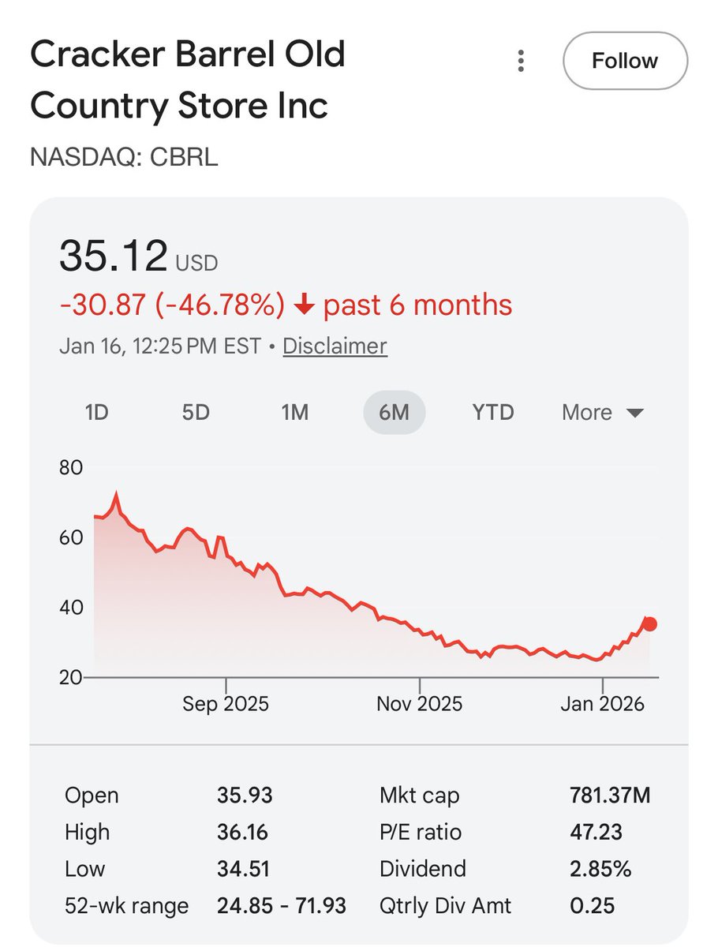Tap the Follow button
click(625, 61)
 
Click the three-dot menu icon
click(521, 62)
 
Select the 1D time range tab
click(96, 412)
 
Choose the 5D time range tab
click(196, 412)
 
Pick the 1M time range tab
click(294, 412)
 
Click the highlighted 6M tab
click(394, 412)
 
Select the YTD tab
click(493, 412)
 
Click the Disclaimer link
click(335, 346)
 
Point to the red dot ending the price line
click(649, 624)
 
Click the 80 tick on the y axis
click(71, 467)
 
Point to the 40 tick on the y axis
click(71, 608)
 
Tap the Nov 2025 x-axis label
click(419, 703)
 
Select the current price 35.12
click(114, 256)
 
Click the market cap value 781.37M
click(610, 795)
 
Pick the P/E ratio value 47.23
click(596, 832)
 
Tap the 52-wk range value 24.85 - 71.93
click(282, 906)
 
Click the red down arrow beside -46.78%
click(304, 305)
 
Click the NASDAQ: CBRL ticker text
click(124, 157)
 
